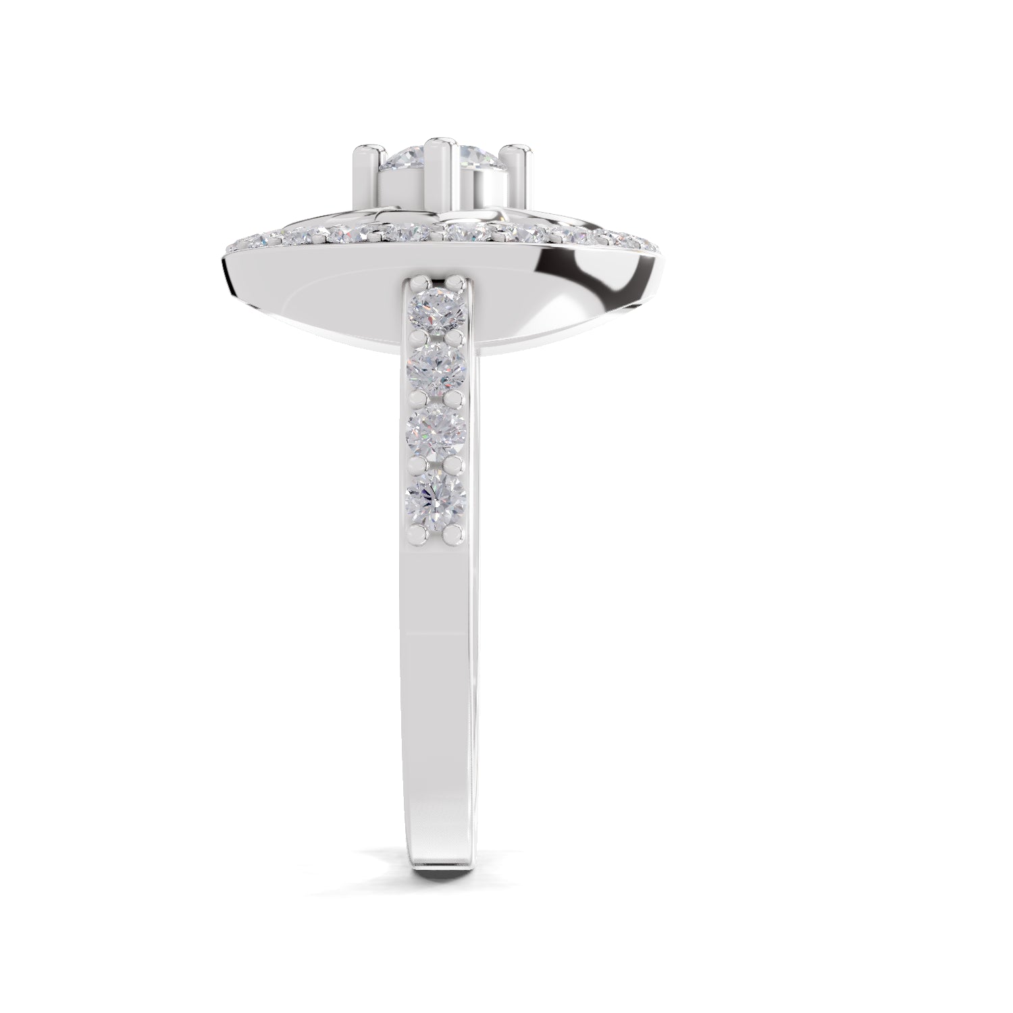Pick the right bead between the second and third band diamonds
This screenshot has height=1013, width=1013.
pyautogui.click(x=459, y=401)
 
